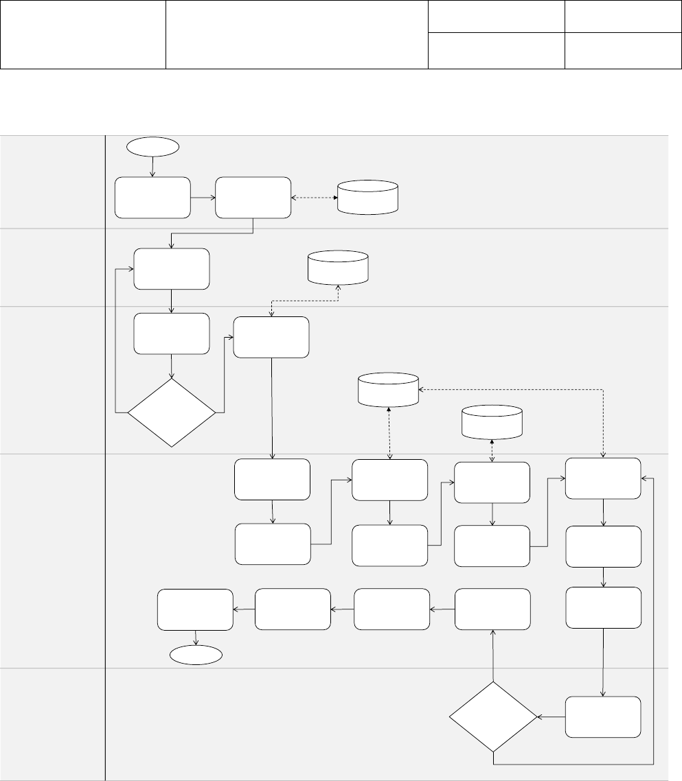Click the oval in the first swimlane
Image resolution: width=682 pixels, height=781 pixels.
click(x=152, y=146)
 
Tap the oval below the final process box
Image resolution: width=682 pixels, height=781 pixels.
click(x=196, y=655)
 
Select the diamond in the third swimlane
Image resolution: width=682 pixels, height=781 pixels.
click(x=172, y=412)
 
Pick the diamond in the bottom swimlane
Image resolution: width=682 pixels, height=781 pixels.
click(x=492, y=716)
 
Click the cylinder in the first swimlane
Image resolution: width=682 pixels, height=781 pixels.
click(x=368, y=196)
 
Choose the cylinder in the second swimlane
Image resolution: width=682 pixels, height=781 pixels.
click(x=339, y=267)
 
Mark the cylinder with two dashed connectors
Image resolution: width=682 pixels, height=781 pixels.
click(x=389, y=388)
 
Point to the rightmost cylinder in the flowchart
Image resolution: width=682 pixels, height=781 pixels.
click(x=492, y=421)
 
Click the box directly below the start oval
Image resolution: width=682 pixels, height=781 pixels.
click(x=152, y=198)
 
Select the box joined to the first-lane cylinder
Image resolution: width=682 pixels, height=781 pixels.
click(x=253, y=198)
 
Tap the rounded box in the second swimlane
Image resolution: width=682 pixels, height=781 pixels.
click(x=171, y=269)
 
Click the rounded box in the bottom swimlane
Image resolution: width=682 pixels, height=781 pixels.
click(x=603, y=717)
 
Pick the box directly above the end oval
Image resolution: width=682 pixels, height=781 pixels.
click(x=195, y=609)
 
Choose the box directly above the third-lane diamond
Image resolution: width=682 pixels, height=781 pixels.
click(x=171, y=334)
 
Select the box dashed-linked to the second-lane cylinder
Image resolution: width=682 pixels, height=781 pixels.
click(x=271, y=337)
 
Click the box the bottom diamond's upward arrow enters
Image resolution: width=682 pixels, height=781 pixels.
click(x=492, y=609)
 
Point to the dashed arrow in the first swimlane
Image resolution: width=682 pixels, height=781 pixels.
click(x=313, y=198)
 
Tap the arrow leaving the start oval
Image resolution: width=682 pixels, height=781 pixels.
click(x=152, y=166)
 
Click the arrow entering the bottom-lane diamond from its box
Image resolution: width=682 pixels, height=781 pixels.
click(x=551, y=717)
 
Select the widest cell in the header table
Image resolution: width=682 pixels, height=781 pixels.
click(x=297, y=34)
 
